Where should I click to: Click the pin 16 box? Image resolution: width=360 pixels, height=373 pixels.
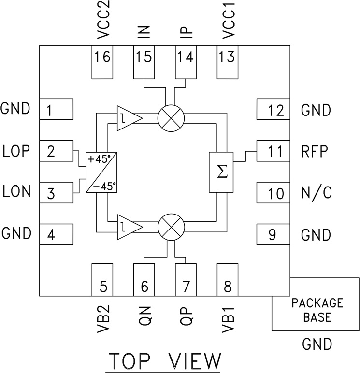102,62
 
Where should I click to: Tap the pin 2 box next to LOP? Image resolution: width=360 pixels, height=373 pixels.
56,151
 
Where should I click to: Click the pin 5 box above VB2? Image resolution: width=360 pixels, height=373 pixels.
102,280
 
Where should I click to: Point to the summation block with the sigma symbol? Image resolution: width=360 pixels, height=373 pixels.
221,172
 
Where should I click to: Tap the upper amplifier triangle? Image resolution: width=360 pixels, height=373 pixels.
127,117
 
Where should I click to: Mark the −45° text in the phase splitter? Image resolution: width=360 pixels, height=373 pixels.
107,186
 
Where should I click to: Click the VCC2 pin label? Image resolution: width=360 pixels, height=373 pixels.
102,23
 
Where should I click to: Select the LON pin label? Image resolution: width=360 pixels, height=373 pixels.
16,192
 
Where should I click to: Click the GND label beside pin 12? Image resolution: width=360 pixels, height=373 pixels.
316,110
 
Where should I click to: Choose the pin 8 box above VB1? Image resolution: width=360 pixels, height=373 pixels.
228,280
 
